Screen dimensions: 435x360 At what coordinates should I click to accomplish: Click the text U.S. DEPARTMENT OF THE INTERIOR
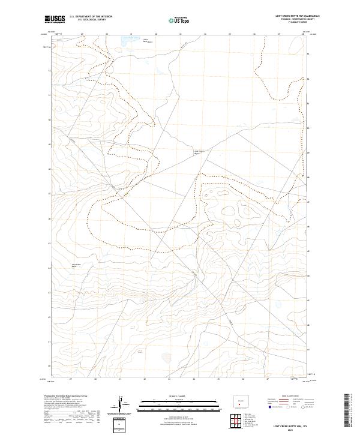(x=91, y=16)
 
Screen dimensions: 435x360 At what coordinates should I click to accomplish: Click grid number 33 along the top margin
(x=181, y=34)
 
